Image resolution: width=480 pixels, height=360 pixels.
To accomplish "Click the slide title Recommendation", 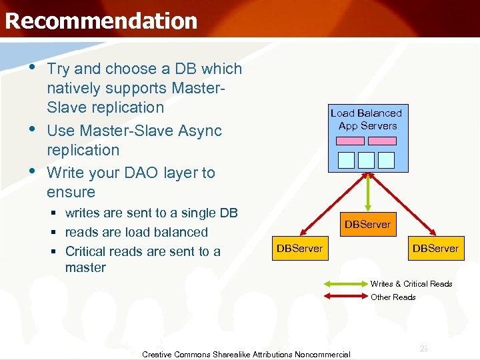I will point(101,21).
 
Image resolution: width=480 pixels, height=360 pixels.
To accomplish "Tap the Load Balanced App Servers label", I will point(367,119).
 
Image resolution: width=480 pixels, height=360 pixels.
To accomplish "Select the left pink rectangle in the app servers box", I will point(351,141).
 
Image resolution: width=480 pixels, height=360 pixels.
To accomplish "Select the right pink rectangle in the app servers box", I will point(383,141).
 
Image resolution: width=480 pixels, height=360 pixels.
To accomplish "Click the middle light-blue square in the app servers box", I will point(367,160).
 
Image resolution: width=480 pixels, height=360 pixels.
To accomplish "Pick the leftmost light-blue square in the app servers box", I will point(347,160).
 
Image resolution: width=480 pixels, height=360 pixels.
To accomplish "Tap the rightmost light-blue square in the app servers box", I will point(387,160).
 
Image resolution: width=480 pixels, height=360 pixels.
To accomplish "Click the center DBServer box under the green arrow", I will point(367,225).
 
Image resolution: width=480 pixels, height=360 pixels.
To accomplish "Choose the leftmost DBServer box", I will point(299,249).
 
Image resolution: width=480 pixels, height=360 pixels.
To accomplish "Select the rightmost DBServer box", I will point(435,249).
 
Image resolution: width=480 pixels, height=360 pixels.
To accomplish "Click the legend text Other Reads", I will point(393,297).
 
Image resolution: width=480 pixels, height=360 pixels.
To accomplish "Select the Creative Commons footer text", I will point(246,355).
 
